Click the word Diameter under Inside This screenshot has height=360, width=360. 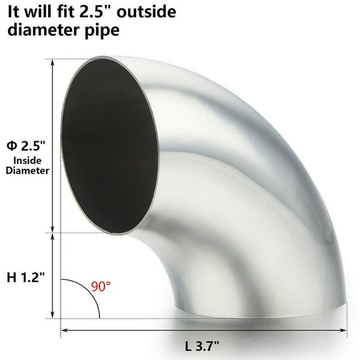[25, 176]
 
